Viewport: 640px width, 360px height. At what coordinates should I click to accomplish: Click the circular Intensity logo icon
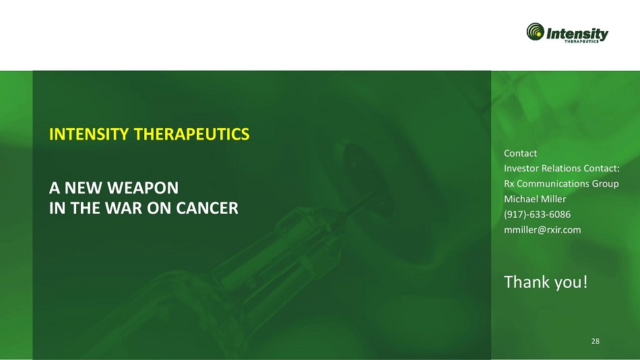(x=535, y=32)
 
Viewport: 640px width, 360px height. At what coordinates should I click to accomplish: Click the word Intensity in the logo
(x=577, y=33)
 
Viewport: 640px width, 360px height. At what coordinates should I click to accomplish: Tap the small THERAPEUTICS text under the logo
(x=581, y=41)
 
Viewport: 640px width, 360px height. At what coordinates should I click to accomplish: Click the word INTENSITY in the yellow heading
(x=89, y=134)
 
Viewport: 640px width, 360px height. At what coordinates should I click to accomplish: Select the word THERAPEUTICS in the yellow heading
(x=191, y=134)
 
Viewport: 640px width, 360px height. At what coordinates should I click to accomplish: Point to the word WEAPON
(x=142, y=188)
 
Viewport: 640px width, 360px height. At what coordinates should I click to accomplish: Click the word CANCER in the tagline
(x=207, y=208)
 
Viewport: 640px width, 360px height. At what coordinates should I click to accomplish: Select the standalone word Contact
(x=520, y=153)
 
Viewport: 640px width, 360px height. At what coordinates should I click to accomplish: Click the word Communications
(x=553, y=183)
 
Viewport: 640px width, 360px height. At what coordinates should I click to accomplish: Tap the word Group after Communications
(x=606, y=184)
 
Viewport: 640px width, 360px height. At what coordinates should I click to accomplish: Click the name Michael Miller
(x=535, y=199)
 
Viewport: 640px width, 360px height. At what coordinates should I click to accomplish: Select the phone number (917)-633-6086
(x=537, y=214)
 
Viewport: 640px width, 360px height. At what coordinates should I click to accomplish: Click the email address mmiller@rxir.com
(x=542, y=230)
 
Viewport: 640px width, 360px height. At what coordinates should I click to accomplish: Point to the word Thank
(x=525, y=282)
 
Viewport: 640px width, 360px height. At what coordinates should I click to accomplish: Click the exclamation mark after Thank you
(x=585, y=282)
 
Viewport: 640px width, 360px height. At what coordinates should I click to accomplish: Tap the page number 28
(x=596, y=341)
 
